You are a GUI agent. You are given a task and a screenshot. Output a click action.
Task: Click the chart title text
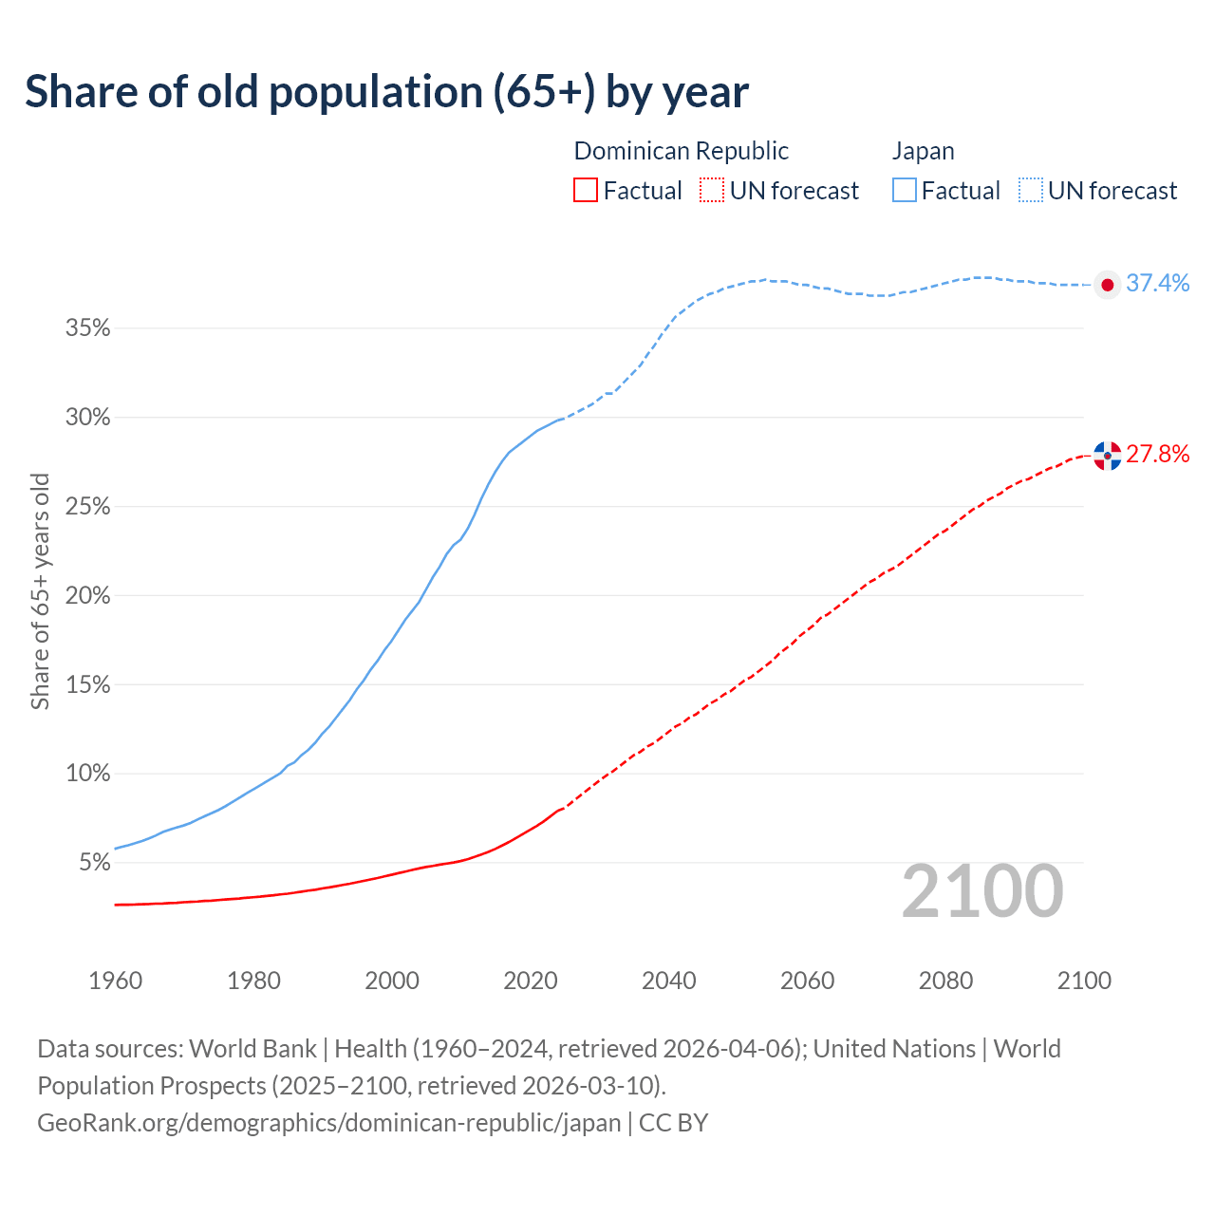pyautogui.click(x=386, y=92)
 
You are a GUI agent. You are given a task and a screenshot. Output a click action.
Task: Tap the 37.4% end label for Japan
pyautogui.click(x=1157, y=283)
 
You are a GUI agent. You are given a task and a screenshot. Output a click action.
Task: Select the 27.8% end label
pyautogui.click(x=1157, y=454)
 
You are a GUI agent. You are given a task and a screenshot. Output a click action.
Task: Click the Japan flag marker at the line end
pyautogui.click(x=1107, y=285)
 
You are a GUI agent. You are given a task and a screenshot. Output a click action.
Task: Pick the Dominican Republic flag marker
pyautogui.click(x=1107, y=456)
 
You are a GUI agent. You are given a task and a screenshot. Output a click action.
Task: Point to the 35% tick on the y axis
pyautogui.click(x=87, y=328)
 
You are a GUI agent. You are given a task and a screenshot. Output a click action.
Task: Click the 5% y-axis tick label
pyautogui.click(x=94, y=863)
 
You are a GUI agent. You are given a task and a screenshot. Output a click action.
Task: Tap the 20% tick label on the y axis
pyautogui.click(x=87, y=596)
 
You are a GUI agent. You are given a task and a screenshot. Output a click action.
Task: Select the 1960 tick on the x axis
pyautogui.click(x=115, y=981)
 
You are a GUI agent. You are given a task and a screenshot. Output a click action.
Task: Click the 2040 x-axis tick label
pyautogui.click(x=668, y=981)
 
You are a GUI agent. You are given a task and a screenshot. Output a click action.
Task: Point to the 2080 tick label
pyautogui.click(x=945, y=981)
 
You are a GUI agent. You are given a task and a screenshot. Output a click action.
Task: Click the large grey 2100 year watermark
pyautogui.click(x=981, y=891)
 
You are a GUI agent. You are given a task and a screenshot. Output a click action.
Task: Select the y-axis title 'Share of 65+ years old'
pyautogui.click(x=40, y=590)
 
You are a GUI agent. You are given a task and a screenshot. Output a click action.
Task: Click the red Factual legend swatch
pyautogui.click(x=586, y=191)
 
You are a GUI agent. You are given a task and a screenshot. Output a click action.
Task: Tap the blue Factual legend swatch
pyautogui.click(x=904, y=191)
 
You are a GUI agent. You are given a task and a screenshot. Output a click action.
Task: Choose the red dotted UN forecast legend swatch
pyautogui.click(x=712, y=191)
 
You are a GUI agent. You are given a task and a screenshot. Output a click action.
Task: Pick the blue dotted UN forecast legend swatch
pyautogui.click(x=1030, y=191)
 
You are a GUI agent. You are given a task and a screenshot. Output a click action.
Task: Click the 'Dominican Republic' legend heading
pyautogui.click(x=681, y=151)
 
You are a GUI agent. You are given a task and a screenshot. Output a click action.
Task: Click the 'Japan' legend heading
pyautogui.click(x=923, y=151)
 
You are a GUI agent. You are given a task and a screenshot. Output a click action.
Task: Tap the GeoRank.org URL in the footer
pyautogui.click(x=328, y=1122)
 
